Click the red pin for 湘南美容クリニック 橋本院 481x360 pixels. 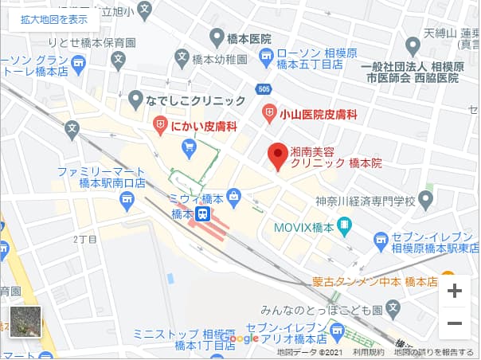[276, 156]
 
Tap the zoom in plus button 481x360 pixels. [455, 291]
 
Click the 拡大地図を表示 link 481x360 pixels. [54, 19]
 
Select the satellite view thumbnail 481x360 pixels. [25, 323]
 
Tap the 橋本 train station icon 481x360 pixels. [204, 214]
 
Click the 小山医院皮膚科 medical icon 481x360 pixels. [269, 113]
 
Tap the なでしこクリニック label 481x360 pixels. [196, 100]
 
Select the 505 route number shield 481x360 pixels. [264, 88]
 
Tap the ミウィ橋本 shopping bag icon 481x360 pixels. [234, 195]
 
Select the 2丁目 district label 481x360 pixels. [84, 238]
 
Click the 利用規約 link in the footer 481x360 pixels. [369, 352]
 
